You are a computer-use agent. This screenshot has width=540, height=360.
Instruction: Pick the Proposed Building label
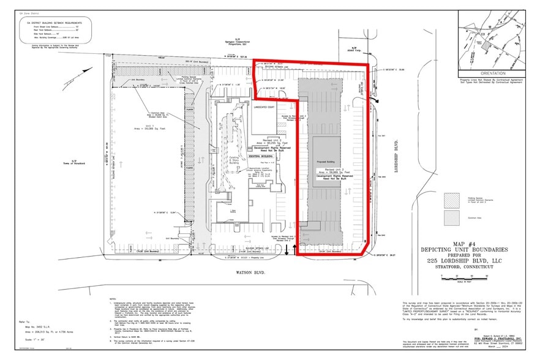point(324,162)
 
